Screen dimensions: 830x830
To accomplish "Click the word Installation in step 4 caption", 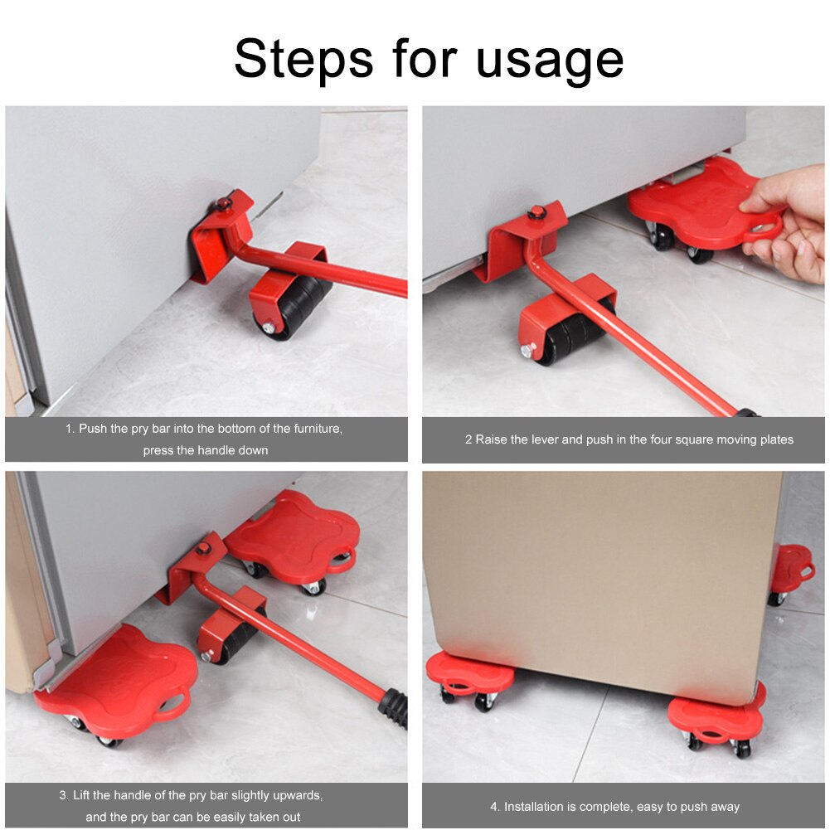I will (537, 806).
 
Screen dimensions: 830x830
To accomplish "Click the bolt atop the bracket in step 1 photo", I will (224, 204).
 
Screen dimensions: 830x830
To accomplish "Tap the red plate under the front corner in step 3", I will (124, 680).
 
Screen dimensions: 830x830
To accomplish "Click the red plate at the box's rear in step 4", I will (791, 568).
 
